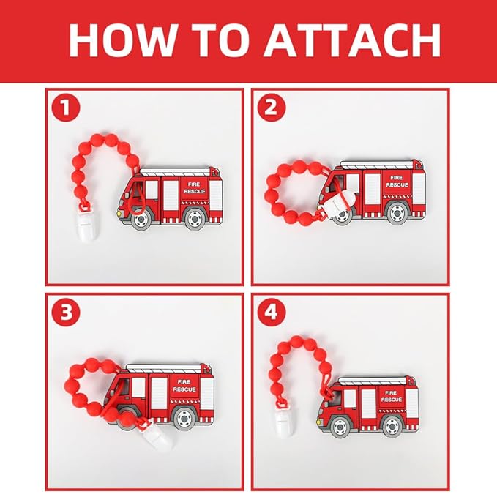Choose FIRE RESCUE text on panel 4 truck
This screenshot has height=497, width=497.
pos(391,395)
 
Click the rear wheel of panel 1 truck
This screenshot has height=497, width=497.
pos(195,217)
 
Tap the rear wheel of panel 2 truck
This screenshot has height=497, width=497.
pos(397,212)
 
